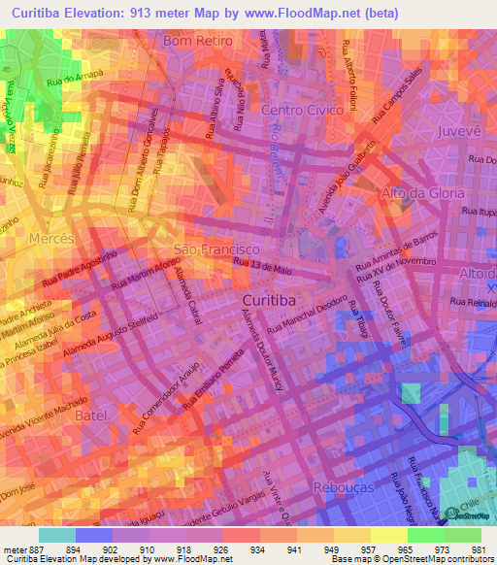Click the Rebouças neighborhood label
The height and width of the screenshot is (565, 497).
344,487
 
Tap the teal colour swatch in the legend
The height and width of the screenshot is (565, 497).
57,534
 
